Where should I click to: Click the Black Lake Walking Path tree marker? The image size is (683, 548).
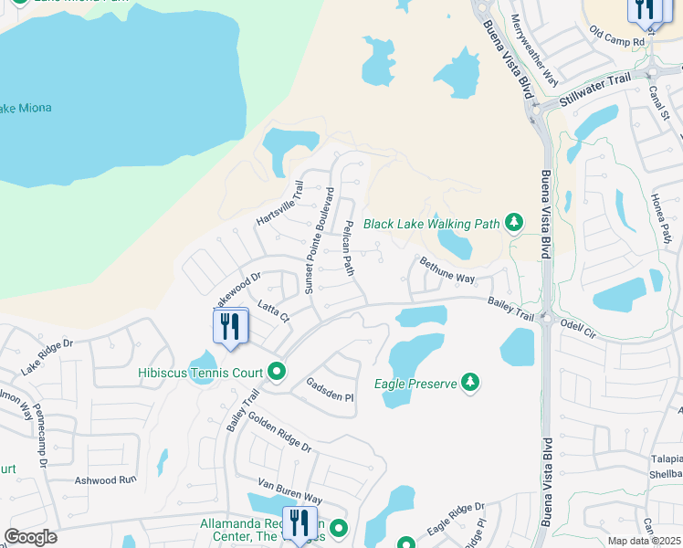pos(515,223)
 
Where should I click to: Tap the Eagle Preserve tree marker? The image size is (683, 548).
pos(470,383)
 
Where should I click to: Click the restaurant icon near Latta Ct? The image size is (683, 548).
pos(229,326)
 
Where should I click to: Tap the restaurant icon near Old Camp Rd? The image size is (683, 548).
pos(645,9)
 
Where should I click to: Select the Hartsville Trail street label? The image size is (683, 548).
pos(279,204)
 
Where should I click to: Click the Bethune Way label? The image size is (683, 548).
pos(447,270)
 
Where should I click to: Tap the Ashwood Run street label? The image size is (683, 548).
pos(104,479)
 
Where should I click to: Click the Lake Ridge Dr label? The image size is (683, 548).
pos(47,357)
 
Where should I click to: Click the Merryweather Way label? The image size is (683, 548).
pos(534,49)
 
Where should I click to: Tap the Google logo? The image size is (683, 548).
pos(30,536)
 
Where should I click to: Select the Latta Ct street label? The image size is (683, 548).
pos(273,311)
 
